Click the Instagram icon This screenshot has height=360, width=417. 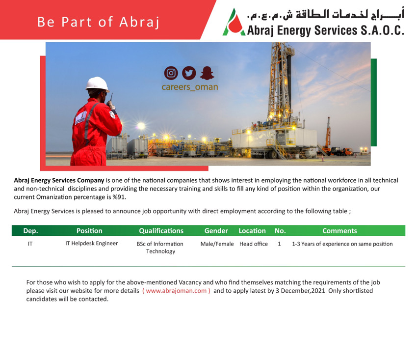pos(171,73)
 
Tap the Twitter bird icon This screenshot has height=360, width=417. pos(189,73)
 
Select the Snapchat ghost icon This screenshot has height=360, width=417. pos(207,73)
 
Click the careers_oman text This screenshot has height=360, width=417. pos(190,87)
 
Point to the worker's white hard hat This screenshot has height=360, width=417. pos(97,84)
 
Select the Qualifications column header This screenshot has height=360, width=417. pos(161,231)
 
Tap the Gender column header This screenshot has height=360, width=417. pos(216,231)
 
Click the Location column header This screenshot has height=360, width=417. pos(252,231)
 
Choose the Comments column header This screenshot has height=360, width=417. pos(339,231)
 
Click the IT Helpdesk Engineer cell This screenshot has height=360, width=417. pos(91,244)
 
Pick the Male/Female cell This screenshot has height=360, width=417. pos(217,244)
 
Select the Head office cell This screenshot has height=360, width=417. pos(254,244)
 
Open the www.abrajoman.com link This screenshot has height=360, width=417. pos(176,291)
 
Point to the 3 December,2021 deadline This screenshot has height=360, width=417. pos(300,291)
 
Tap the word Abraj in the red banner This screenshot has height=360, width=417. pos(139,22)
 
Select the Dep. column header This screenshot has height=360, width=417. pos(30,231)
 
